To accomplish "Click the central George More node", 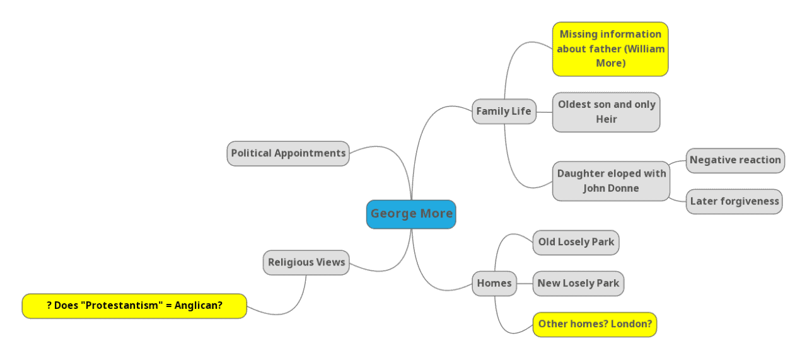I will click(411, 214).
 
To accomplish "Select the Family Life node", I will click(504, 112).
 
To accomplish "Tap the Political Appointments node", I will click(288, 153).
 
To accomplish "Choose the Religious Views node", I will click(306, 262).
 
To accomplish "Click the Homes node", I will click(494, 283).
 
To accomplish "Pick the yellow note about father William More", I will click(610, 49).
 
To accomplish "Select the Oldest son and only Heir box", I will click(606, 112).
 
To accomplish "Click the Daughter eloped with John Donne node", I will click(611, 181).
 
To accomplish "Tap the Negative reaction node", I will click(734, 160).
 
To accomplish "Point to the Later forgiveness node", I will click(734, 202).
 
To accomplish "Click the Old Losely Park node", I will click(576, 242).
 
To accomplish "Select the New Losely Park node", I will click(578, 283).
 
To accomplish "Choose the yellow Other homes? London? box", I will click(595, 325).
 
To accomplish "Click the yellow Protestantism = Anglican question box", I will click(134, 306).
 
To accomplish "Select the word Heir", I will click(606, 119).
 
